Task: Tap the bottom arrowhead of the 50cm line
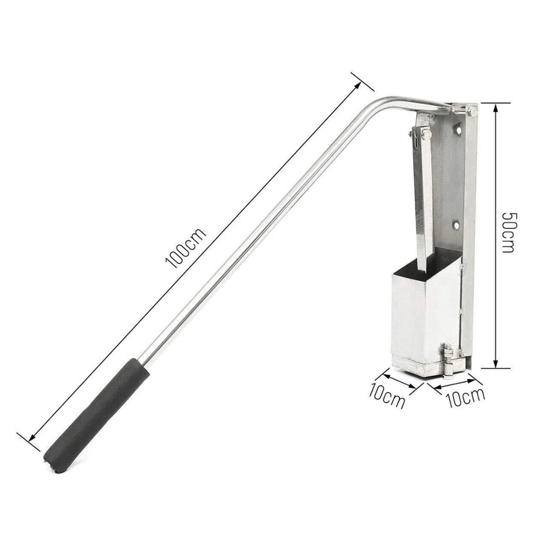coord(496,363)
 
